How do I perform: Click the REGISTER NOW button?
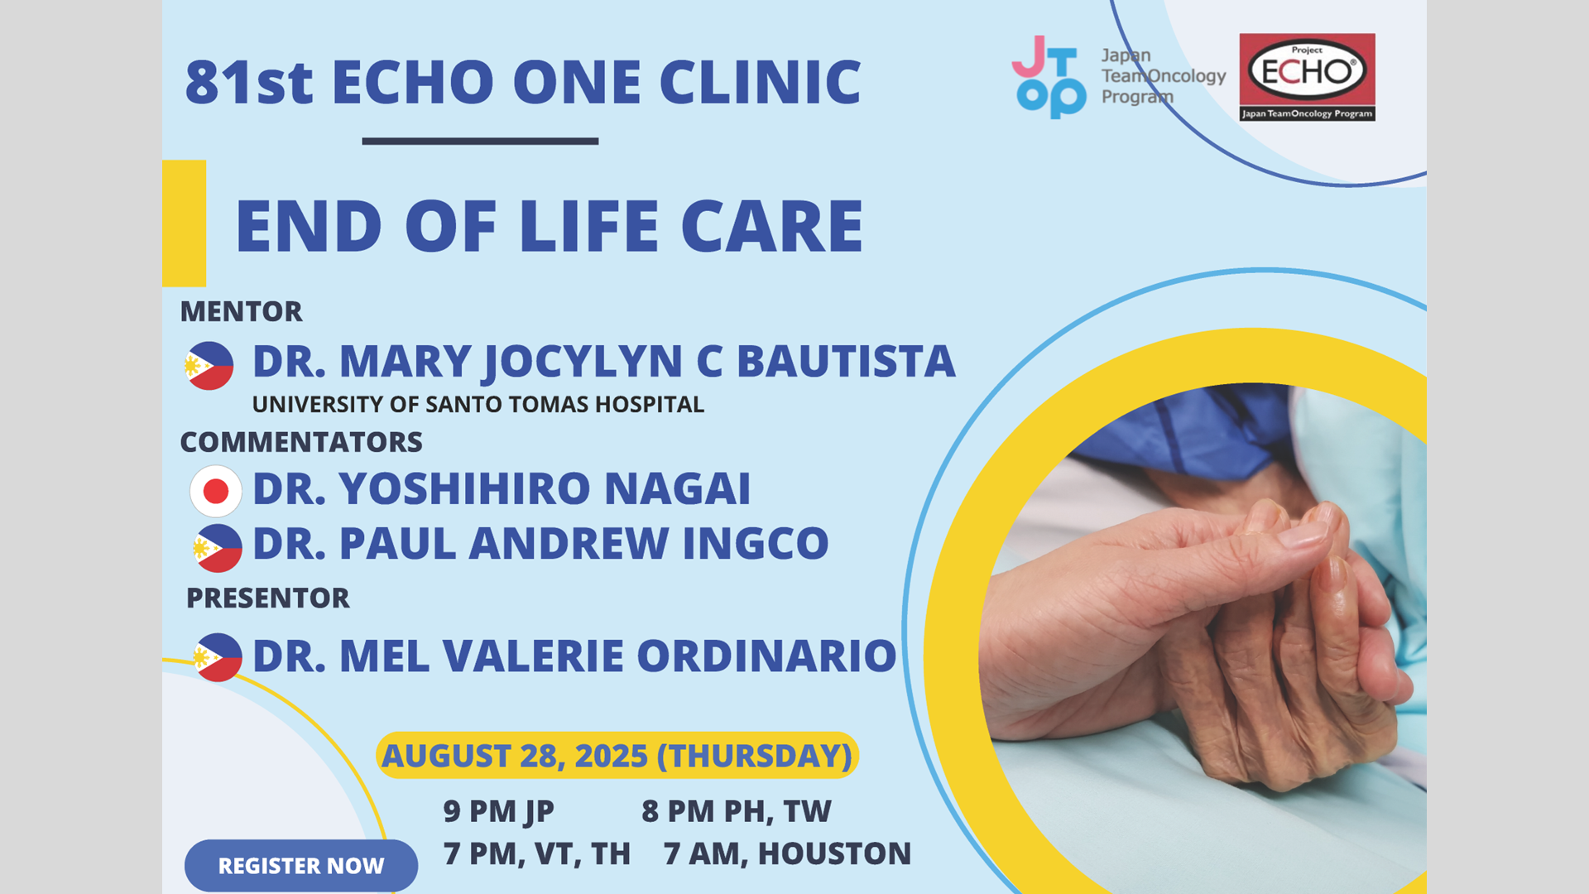pyautogui.click(x=301, y=865)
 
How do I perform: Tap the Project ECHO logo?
pyautogui.click(x=1307, y=77)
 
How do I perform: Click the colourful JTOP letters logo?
pyautogui.click(x=1049, y=77)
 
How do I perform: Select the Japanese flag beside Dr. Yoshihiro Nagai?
pyautogui.click(x=216, y=491)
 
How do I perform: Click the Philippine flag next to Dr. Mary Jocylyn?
pyautogui.click(x=209, y=365)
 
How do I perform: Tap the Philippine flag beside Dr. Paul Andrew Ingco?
pyautogui.click(x=218, y=548)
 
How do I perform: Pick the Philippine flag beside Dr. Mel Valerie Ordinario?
pyautogui.click(x=218, y=657)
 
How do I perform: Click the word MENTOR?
pyautogui.click(x=241, y=311)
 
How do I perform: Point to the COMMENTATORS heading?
pyautogui.click(x=301, y=442)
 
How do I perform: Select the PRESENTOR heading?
pyautogui.click(x=267, y=598)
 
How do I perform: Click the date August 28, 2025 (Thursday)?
pyautogui.click(x=617, y=755)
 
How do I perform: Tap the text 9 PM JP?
pyautogui.click(x=498, y=811)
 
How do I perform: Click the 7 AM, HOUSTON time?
pyautogui.click(x=787, y=853)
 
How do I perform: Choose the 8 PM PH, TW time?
pyautogui.click(x=737, y=811)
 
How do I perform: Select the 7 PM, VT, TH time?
pyautogui.click(x=536, y=853)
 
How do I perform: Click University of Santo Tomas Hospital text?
pyautogui.click(x=478, y=404)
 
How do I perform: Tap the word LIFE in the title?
pyautogui.click(x=588, y=226)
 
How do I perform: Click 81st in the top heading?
pyautogui.click(x=249, y=82)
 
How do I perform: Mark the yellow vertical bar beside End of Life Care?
pyautogui.click(x=184, y=223)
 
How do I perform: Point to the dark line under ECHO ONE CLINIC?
pyautogui.click(x=480, y=142)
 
